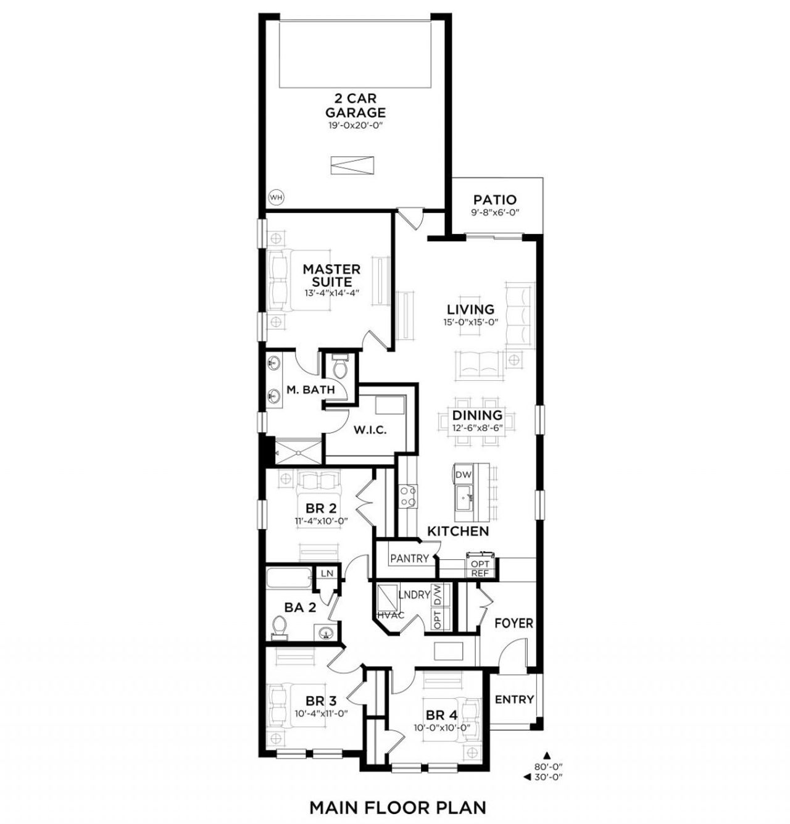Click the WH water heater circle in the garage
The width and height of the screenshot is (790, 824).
click(x=276, y=197)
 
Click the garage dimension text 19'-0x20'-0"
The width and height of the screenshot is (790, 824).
click(x=355, y=126)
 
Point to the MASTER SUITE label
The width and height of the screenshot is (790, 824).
click(x=331, y=275)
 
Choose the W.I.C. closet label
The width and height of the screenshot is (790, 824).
click(x=370, y=431)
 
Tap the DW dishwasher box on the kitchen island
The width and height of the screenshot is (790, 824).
click(x=464, y=475)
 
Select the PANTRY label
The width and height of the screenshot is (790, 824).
click(x=409, y=559)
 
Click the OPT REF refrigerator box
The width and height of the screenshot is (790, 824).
click(x=480, y=568)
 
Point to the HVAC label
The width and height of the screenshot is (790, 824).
click(x=391, y=614)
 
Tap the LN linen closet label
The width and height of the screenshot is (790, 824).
click(x=327, y=573)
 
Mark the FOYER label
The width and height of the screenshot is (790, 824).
click(x=513, y=623)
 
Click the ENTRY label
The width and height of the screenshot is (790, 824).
click(x=514, y=699)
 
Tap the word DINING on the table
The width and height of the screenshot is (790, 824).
click(x=477, y=415)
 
